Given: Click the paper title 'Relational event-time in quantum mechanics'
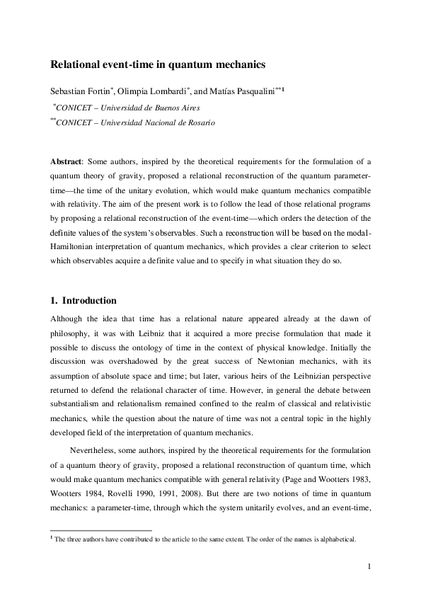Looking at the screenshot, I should click(x=157, y=64).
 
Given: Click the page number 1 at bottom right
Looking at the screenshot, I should click(x=369, y=566).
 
